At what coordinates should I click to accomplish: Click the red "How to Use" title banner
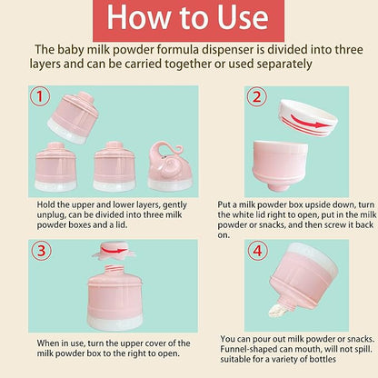pos(189,19)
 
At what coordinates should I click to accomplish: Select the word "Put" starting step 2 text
pos(227,206)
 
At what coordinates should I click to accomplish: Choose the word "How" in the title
pos(135,19)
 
